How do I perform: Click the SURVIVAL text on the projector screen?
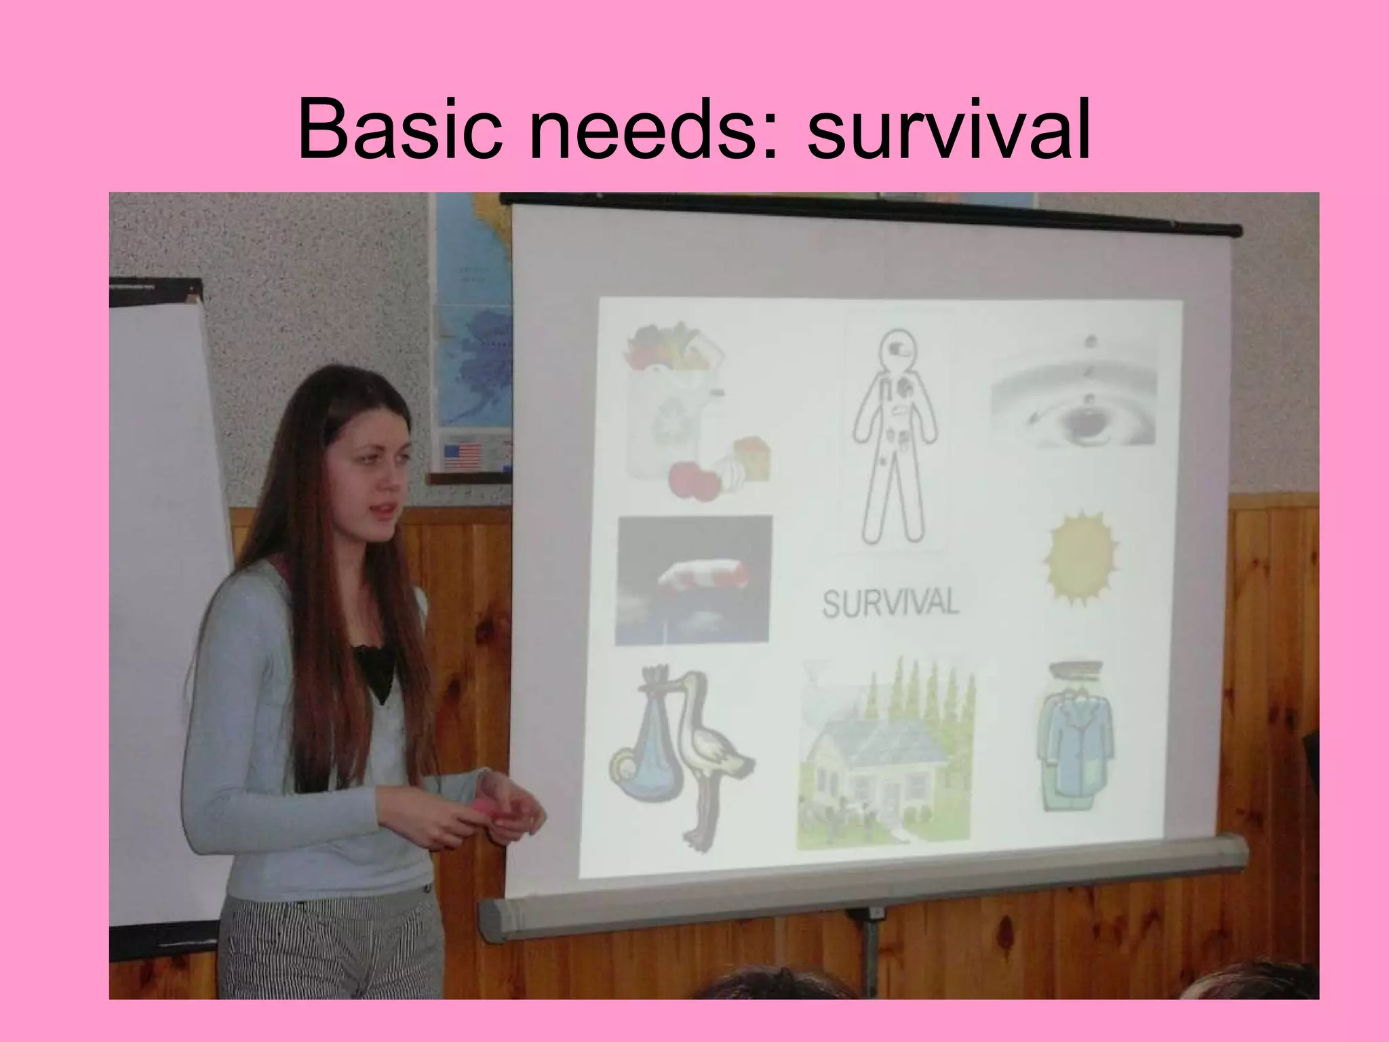(x=890, y=602)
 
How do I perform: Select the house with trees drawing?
(x=885, y=753)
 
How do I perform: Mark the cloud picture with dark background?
(x=693, y=580)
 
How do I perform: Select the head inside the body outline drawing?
(x=895, y=352)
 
